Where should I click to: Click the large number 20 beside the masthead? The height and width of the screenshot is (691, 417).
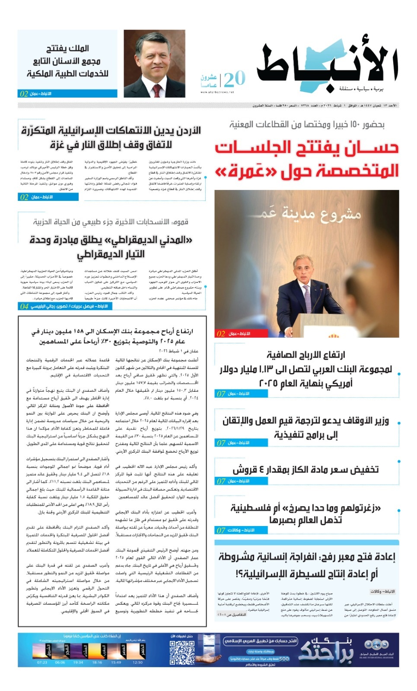(235, 78)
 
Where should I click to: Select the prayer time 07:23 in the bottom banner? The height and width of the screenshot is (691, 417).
(42, 662)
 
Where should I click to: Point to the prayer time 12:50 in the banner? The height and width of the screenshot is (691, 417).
(138, 662)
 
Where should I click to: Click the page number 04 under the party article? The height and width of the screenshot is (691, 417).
(24, 306)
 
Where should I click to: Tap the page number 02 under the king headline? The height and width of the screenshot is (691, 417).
(24, 94)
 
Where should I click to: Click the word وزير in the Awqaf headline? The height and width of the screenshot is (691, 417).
(379, 421)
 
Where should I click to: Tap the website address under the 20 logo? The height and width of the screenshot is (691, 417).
(217, 92)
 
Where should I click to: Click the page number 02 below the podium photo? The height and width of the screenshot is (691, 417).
(221, 333)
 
